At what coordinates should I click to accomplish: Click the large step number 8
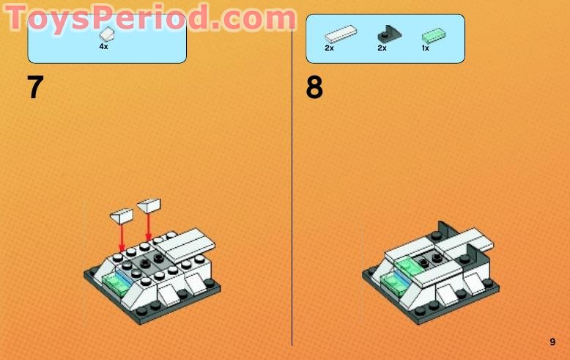click(x=314, y=88)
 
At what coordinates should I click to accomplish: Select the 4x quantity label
click(x=103, y=46)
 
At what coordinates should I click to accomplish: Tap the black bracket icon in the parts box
click(x=385, y=33)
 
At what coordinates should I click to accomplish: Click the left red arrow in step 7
click(x=122, y=235)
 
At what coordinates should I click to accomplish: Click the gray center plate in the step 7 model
click(x=151, y=267)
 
